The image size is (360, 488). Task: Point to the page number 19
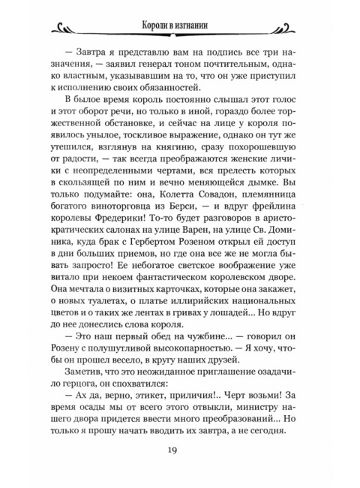click(x=180, y=450)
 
